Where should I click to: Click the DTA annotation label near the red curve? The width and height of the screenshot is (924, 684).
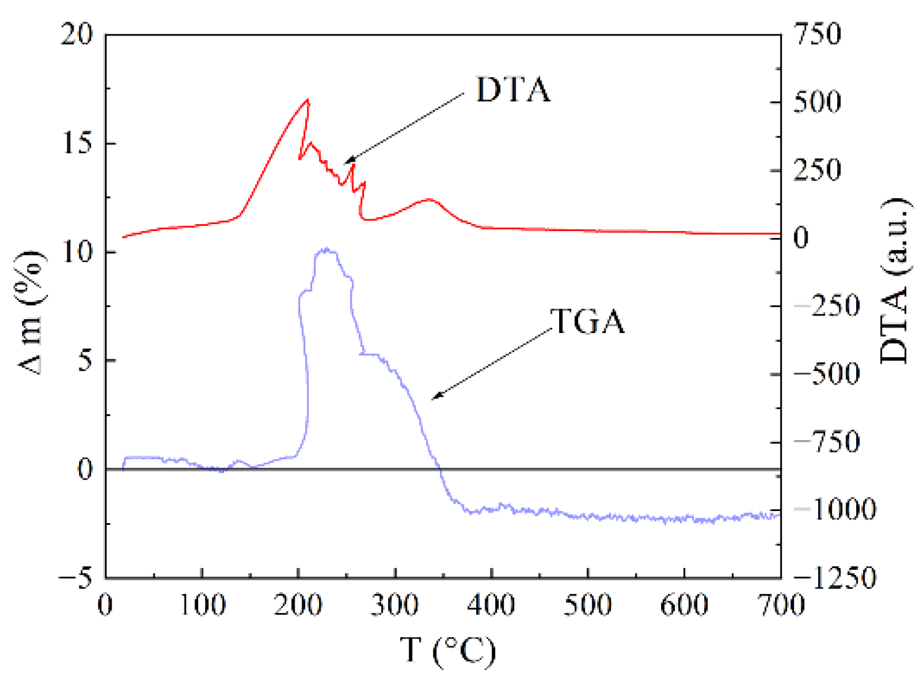pos(513,90)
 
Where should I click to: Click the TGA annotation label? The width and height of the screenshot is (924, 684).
pos(588,322)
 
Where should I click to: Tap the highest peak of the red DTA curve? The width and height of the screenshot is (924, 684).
pos(308,99)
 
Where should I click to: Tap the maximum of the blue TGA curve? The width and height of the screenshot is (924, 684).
pos(326,250)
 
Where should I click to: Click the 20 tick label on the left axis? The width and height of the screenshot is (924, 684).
pos(77,34)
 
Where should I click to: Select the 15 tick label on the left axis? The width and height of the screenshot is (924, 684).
pos(77,144)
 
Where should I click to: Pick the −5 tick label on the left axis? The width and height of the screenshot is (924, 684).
pos(75,578)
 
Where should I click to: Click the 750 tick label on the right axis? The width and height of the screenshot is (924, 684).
pos(818,34)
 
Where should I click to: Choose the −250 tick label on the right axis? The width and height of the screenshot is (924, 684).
pos(826,306)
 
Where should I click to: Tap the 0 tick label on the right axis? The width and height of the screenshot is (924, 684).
pos(801,238)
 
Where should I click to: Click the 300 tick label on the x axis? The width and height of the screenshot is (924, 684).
pos(395,605)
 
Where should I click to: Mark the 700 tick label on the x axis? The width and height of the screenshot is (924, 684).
pos(781,605)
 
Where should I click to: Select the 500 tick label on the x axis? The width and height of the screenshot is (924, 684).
pos(588,605)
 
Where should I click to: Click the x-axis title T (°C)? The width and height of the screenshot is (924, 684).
pos(447,650)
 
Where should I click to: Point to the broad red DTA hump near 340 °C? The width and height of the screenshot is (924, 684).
pos(430,199)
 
